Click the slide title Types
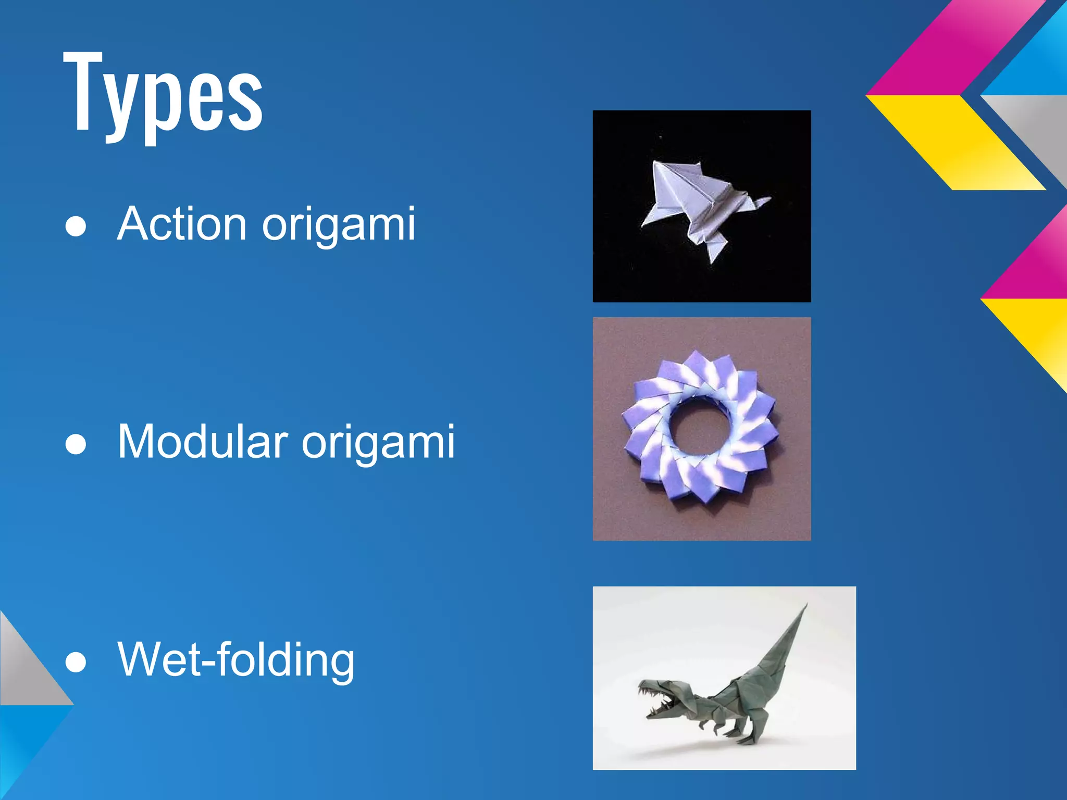coord(163,94)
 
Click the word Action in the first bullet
coord(182,224)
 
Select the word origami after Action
coord(339,225)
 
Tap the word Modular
coord(203,442)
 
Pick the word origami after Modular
coord(378,443)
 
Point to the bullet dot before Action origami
coord(76,228)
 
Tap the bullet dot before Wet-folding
coord(76,663)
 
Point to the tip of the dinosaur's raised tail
coord(806,605)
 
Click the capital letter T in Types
coord(83,91)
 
